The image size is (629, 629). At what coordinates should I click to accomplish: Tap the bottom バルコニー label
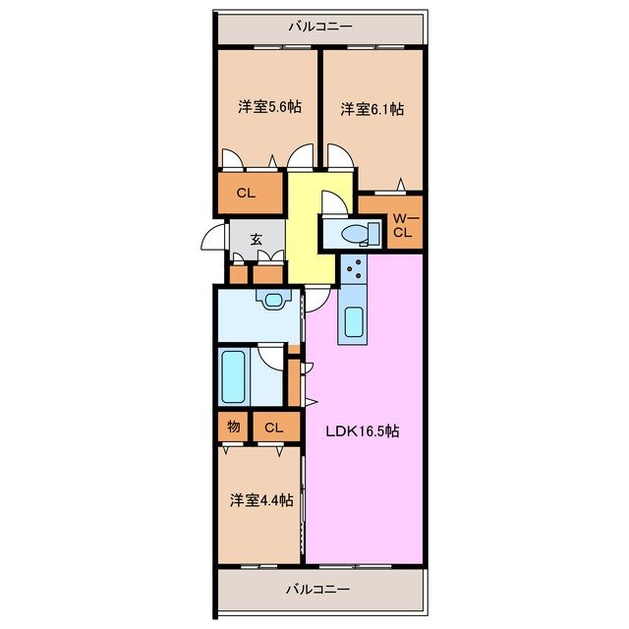(x=318, y=590)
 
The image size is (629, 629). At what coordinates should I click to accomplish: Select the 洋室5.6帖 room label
(x=265, y=109)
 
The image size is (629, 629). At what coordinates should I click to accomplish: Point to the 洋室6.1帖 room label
(x=372, y=109)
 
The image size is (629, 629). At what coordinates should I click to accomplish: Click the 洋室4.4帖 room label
(x=261, y=500)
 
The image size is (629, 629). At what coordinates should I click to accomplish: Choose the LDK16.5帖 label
(x=362, y=430)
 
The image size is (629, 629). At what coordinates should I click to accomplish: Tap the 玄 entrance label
(x=256, y=239)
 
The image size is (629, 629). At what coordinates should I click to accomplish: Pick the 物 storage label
(x=233, y=427)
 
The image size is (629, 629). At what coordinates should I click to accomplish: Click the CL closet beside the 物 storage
(x=274, y=427)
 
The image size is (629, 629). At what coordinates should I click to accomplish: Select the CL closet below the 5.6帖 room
(x=246, y=193)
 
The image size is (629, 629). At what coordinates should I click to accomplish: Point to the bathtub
(x=233, y=376)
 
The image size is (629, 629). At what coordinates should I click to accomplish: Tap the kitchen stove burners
(x=354, y=267)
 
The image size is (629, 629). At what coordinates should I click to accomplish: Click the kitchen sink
(x=354, y=319)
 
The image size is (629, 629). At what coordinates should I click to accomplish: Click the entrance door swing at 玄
(x=214, y=238)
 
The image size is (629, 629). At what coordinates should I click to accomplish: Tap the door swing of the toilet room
(x=332, y=201)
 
